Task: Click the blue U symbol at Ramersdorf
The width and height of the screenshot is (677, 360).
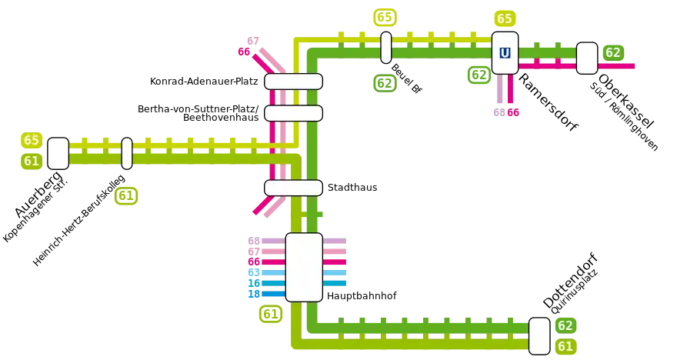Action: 505,53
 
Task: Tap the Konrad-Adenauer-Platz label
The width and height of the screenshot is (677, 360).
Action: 204,81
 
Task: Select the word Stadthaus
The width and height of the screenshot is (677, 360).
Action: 352,188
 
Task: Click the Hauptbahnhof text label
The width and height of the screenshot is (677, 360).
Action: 362,296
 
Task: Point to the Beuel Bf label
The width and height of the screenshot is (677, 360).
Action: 406,78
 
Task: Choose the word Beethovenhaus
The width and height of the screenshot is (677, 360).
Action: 221,118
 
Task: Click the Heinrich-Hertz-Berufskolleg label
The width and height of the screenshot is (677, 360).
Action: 78,220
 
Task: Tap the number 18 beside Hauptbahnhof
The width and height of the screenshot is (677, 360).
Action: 254,294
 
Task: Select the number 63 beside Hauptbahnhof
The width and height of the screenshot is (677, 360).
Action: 254,272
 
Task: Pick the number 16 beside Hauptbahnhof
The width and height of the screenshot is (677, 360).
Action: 254,283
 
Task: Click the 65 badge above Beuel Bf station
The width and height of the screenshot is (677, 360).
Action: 385,17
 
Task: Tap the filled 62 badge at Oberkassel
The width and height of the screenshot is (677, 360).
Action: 613,52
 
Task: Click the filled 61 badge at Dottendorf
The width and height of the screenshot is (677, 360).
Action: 565,346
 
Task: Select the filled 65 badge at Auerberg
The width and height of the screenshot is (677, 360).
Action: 32,140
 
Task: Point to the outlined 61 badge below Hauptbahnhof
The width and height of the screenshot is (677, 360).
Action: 271,314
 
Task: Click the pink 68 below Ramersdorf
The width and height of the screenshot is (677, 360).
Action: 499,112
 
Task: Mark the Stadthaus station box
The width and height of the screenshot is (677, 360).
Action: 293,188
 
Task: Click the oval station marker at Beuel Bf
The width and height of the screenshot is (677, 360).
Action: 386,48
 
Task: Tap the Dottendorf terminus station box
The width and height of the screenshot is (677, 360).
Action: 539,336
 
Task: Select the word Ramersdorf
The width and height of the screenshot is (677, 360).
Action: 548,103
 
